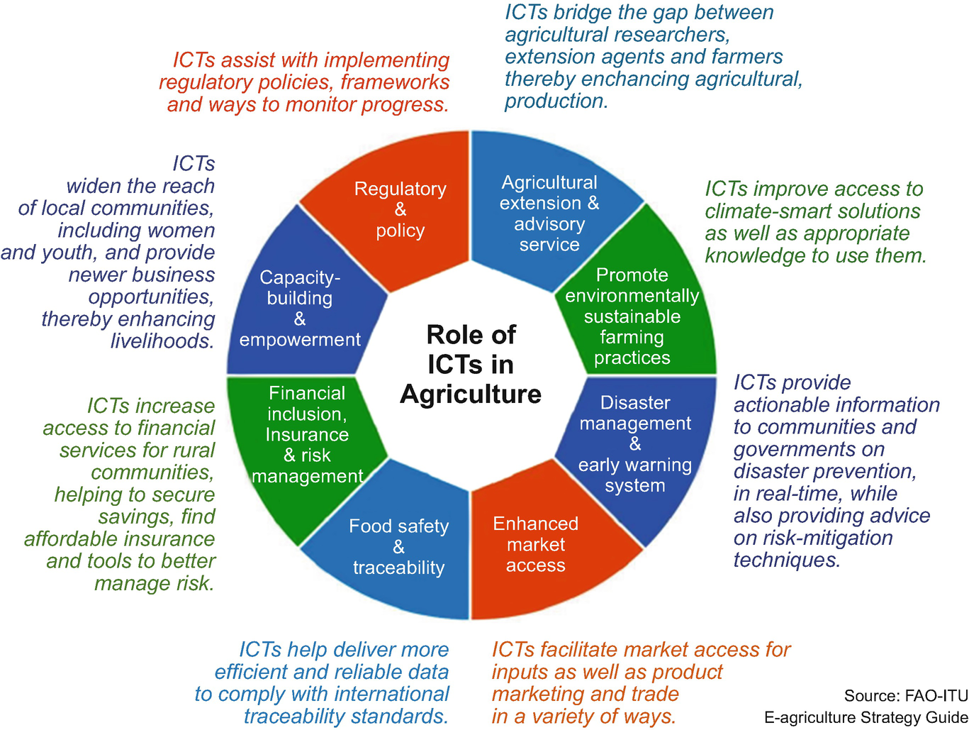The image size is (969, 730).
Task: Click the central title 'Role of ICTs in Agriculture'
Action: pyautogui.click(x=471, y=364)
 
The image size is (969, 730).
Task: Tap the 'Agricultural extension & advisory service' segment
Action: pyautogui.click(x=549, y=213)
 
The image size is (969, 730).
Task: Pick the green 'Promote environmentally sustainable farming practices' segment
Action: pyautogui.click(x=632, y=316)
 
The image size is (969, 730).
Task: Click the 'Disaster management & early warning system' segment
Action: pyautogui.click(x=635, y=444)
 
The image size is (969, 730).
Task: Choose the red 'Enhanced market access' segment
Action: pyautogui.click(x=536, y=544)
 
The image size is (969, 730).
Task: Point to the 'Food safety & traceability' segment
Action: pyautogui.click(x=399, y=546)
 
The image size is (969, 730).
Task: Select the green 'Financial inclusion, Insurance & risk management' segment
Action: pyautogui.click(x=308, y=434)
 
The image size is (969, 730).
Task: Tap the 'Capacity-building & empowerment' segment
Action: pyautogui.click(x=300, y=309)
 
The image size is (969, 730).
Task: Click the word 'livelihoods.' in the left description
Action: pyautogui.click(x=162, y=341)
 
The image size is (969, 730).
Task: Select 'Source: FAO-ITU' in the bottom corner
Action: pyautogui.click(x=905, y=695)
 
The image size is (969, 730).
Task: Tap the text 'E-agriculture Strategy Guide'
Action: pyautogui.click(x=866, y=717)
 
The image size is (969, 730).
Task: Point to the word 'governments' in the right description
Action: pyautogui.click(x=809, y=449)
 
